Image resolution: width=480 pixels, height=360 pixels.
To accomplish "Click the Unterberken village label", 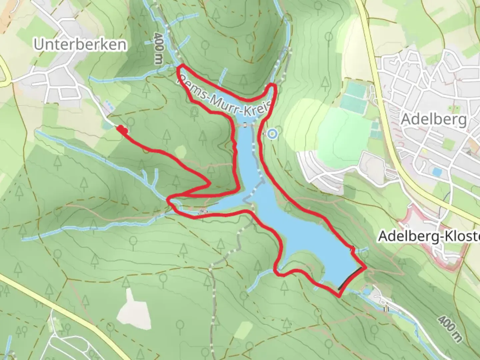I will pos(80,45).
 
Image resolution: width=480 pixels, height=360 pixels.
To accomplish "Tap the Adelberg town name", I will pos(434,119).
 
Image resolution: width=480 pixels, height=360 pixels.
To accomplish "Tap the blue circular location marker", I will pos(273,134).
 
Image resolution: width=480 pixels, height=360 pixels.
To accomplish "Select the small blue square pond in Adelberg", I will pos(436,172).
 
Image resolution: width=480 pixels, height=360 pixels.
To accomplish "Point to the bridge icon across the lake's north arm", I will pos(246,125).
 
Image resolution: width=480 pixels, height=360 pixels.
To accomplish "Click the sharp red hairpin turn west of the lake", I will pos(209,183).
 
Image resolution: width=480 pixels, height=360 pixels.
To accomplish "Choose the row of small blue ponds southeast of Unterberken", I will pos(109,106).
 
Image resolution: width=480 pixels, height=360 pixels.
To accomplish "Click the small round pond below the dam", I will pos(366,292).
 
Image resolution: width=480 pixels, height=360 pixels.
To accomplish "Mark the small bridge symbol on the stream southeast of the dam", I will pos(386,309).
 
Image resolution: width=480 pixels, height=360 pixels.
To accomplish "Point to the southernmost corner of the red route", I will pos(339,296).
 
